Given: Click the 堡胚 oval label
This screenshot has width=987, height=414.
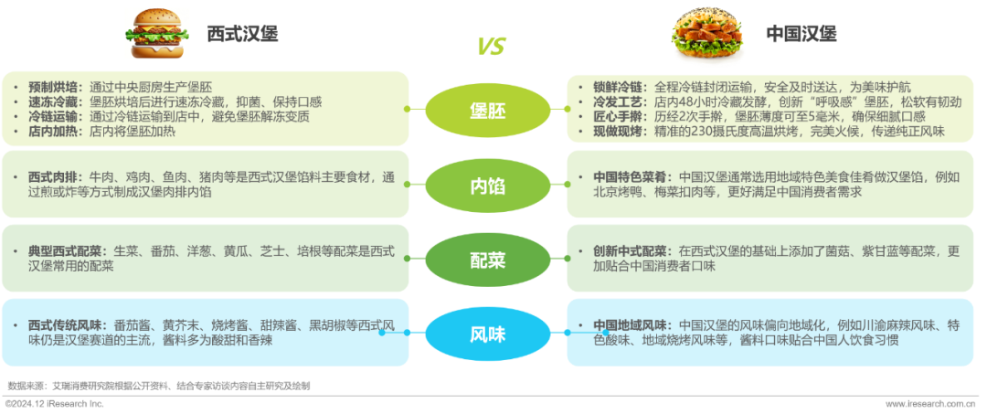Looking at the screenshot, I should click(487, 111).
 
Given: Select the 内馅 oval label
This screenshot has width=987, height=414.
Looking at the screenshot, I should click(487, 186).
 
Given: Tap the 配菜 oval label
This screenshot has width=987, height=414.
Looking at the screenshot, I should click(487, 260).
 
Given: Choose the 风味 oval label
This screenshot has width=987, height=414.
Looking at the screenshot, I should click(487, 334).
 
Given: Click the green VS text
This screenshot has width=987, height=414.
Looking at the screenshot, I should click(491, 47).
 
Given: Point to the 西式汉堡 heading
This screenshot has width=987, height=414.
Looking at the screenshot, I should click(241, 34).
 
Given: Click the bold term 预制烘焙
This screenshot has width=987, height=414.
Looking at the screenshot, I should click(53, 87).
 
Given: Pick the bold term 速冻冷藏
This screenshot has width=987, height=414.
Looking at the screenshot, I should click(53, 101).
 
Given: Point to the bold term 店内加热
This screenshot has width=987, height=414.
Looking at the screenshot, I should click(53, 131).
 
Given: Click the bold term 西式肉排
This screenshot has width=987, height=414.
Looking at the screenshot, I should click(53, 176).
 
